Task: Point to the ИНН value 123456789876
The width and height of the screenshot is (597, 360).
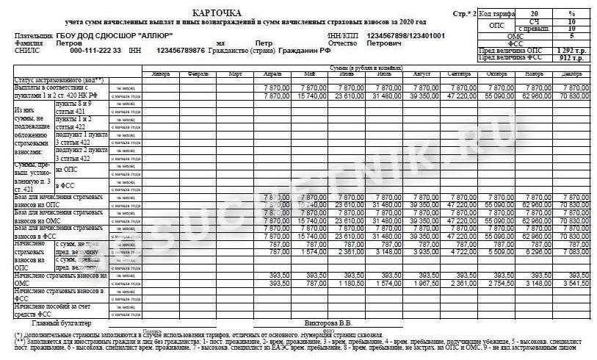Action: tap(182, 51)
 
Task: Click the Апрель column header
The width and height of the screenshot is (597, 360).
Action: tap(272, 74)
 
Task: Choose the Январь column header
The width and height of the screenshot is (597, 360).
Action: tap(159, 74)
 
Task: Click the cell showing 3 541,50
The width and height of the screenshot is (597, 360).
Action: tap(574, 283)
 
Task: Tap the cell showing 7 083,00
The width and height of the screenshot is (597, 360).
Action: tap(574, 251)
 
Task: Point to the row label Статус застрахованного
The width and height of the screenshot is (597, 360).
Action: tap(59, 79)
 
